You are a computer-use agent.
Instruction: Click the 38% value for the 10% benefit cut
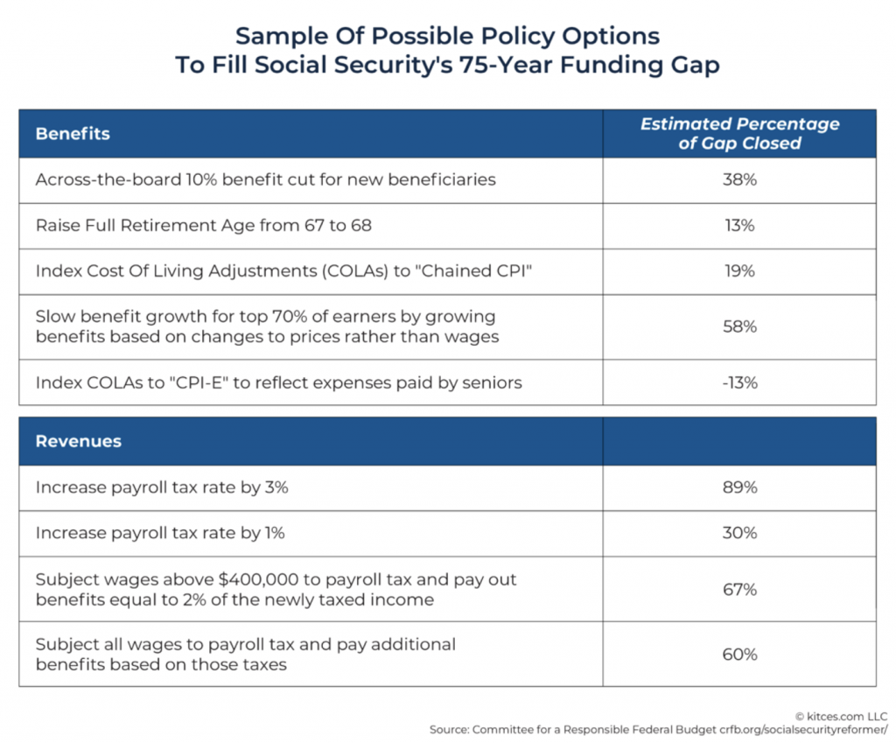739,179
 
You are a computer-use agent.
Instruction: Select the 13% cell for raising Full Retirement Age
739,226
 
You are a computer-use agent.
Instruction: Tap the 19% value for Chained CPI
739,271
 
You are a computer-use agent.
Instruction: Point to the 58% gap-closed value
739,326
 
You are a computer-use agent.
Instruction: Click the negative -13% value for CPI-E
739,382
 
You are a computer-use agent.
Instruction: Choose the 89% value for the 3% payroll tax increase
739,487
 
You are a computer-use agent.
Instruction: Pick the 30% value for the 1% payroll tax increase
739,533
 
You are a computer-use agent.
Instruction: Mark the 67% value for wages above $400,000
739,590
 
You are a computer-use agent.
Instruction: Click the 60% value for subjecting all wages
739,655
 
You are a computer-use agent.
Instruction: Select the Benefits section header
73,134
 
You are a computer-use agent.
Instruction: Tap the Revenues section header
78,441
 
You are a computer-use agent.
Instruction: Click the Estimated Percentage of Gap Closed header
739,133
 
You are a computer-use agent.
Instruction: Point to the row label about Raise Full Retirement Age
203,226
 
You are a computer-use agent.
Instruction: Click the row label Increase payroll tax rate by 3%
162,487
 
